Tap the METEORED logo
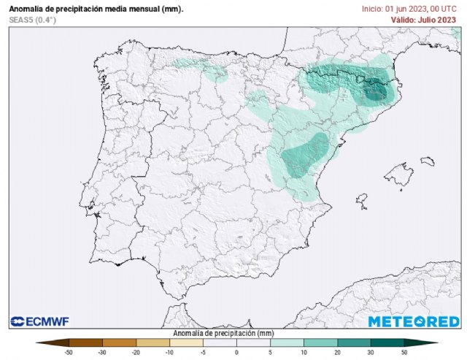(414, 321)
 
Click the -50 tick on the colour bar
(69, 352)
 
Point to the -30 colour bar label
(102, 352)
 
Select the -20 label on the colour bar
(136, 352)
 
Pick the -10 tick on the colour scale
(169, 352)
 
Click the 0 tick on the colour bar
(236, 352)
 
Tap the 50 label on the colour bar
(404, 352)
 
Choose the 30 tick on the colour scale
(371, 352)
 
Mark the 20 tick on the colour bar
(337, 352)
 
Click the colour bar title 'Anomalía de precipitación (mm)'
(223, 332)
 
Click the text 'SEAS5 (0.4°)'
(32, 20)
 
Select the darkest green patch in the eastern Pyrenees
(376, 93)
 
